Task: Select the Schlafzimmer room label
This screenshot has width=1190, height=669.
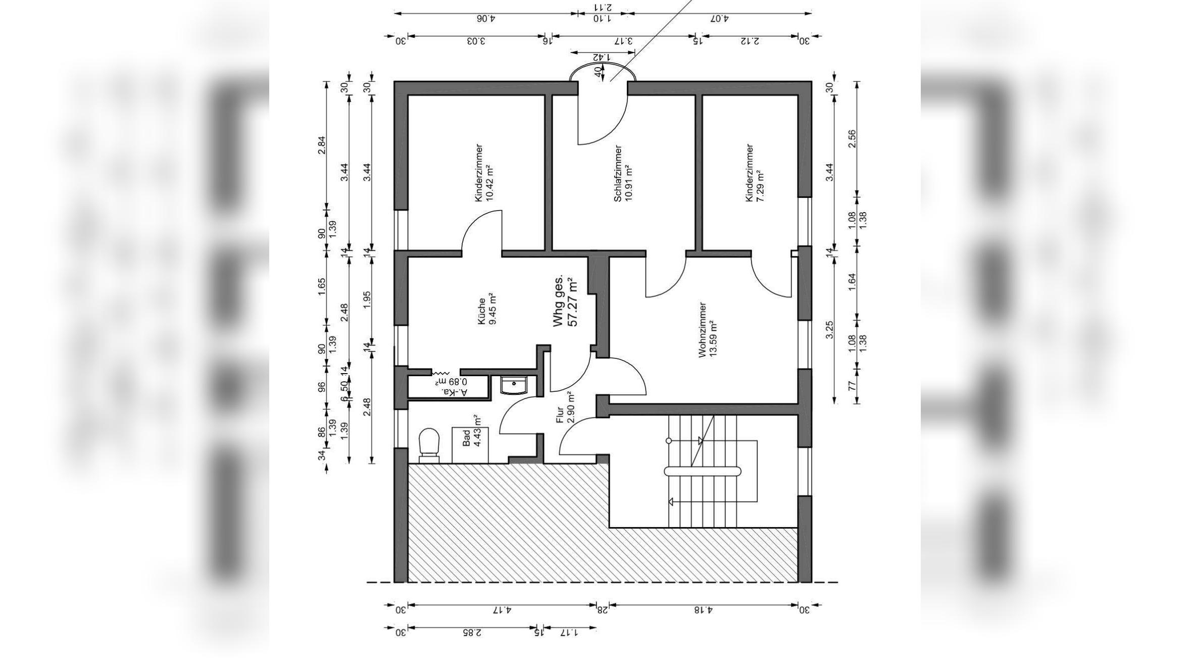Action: click(622, 173)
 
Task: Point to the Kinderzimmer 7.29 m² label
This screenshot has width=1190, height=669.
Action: click(754, 173)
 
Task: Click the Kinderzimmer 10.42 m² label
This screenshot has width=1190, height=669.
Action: click(483, 173)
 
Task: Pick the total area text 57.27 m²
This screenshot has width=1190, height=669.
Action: click(573, 302)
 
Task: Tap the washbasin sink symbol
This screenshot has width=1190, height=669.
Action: click(514, 385)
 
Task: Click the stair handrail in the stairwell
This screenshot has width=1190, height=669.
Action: click(702, 472)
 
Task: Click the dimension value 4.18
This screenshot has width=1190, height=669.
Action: click(703, 610)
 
